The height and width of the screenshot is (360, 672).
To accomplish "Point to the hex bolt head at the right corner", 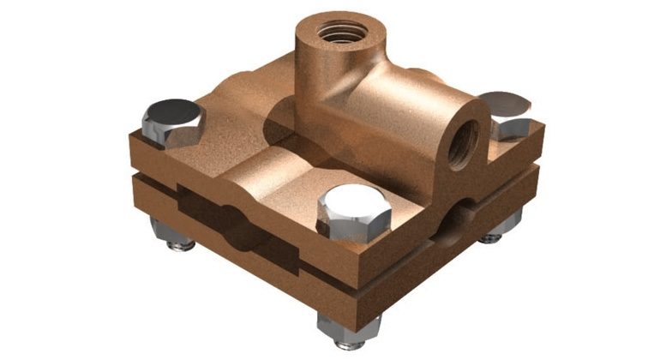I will pos(506,111).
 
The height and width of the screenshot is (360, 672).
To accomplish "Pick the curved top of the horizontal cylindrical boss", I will pos(403,94).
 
